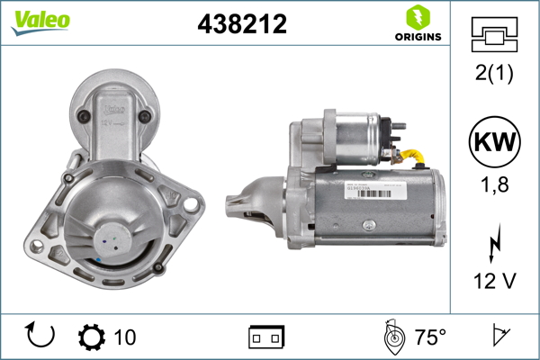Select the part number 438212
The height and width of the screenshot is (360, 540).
(241, 25)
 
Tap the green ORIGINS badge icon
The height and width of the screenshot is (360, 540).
(416, 17)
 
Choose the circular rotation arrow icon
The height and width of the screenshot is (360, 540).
(41, 337)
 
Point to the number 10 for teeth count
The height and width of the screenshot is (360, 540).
(125, 337)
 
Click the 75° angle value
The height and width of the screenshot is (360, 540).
(430, 337)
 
